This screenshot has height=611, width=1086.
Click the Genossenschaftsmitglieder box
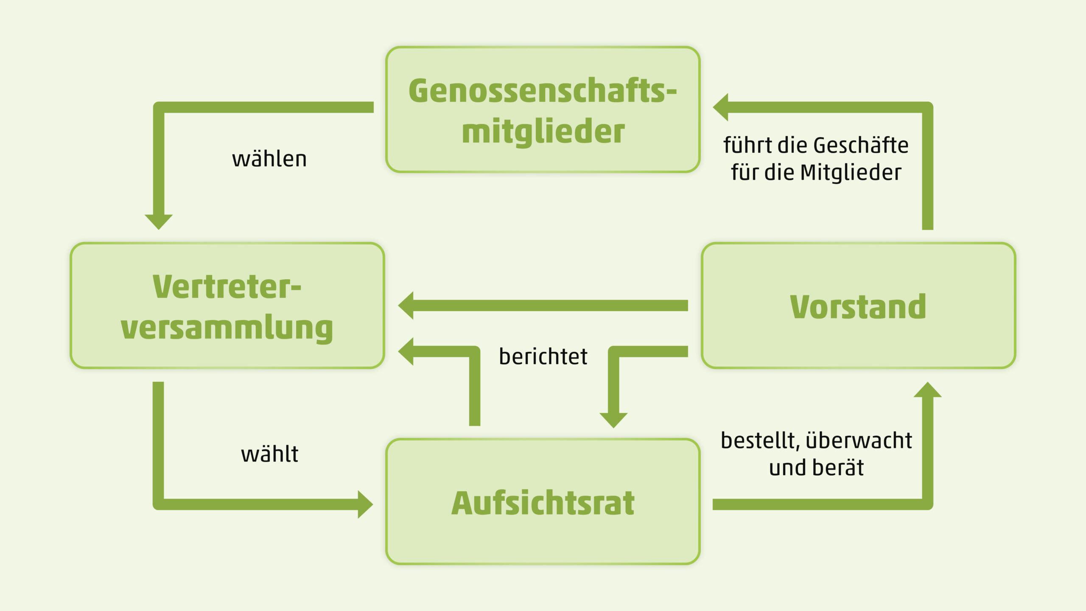[543, 109]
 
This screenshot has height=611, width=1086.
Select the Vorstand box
[858, 305]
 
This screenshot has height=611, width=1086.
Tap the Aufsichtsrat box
[543, 502]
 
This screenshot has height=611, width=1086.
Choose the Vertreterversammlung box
[227, 305]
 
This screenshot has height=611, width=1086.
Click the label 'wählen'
[269, 159]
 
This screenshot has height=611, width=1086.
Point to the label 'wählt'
[269, 454]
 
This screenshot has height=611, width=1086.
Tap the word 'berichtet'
[543, 356]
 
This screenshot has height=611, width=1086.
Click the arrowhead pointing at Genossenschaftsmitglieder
[721, 107]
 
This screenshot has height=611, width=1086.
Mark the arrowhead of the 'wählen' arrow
[159, 221]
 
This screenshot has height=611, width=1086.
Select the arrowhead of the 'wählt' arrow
[364, 504]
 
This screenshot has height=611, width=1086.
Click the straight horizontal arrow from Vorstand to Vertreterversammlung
[543, 305]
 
